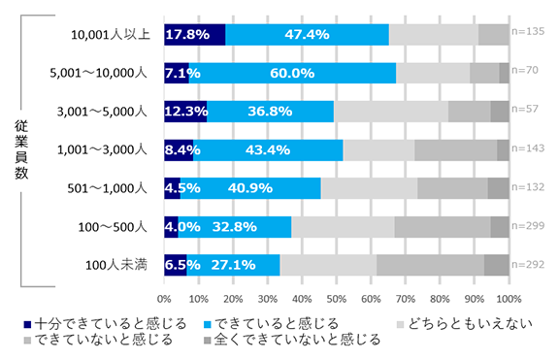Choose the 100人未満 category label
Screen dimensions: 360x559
pos(117,264)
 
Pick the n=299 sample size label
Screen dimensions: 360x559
pos(527,226)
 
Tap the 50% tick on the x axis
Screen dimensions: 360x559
pos(337,298)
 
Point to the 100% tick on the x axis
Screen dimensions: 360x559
pos(509,298)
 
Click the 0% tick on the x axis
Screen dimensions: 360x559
pos(165,298)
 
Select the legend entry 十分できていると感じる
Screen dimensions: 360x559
pos(94,323)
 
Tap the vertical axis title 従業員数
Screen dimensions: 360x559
pos(22,149)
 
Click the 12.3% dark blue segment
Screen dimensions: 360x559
pos(185,112)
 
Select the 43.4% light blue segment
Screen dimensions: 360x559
pos(260,149)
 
